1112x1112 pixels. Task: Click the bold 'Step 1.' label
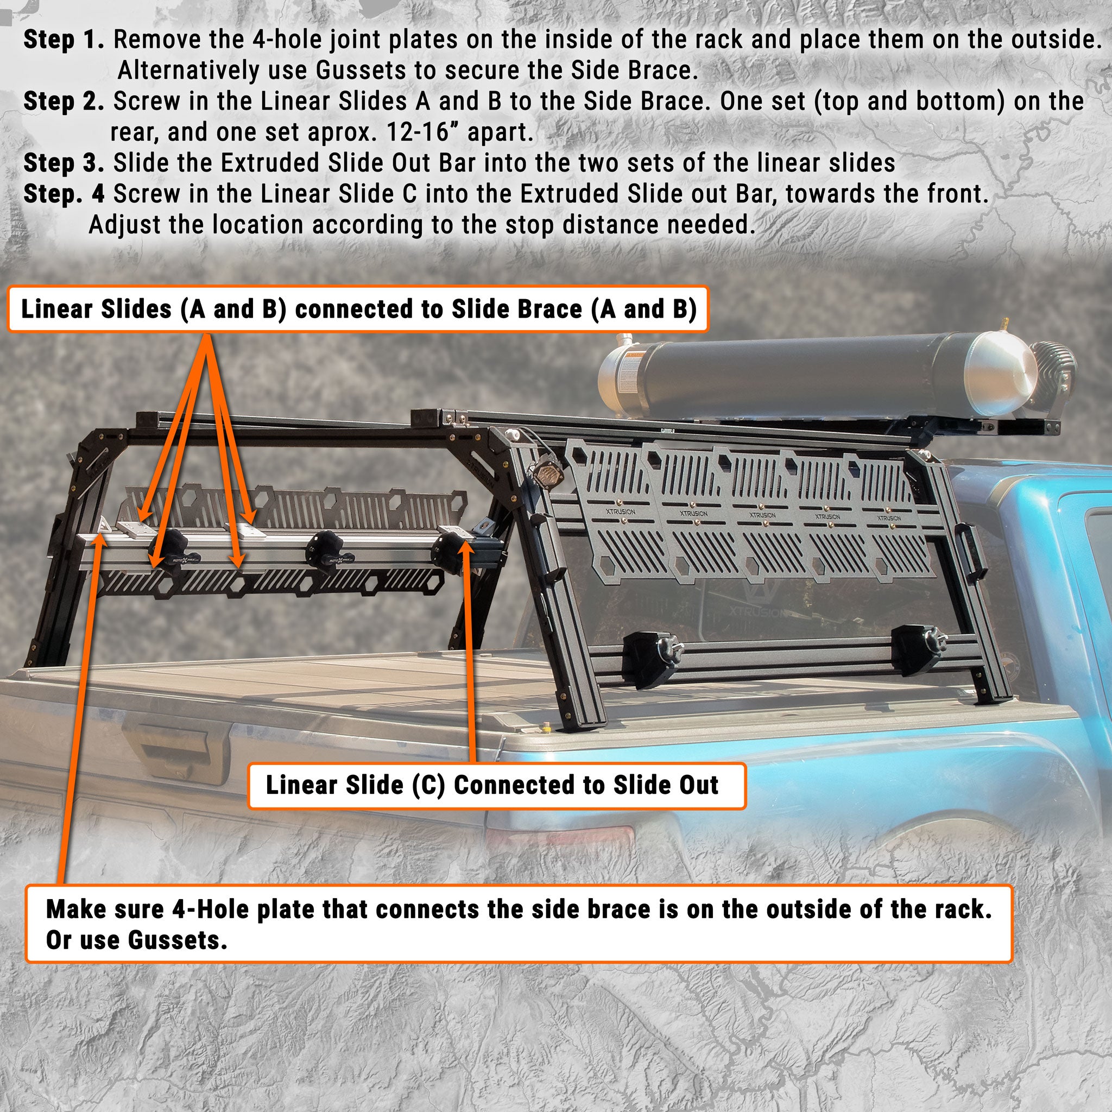(x=64, y=40)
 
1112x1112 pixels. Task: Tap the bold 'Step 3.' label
(x=64, y=163)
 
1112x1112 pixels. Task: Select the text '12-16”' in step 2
(x=418, y=133)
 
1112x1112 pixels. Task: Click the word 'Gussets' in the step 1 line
(x=352, y=71)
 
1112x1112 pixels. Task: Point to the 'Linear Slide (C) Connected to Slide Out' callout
(x=496, y=786)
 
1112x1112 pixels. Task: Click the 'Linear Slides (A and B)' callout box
(x=358, y=309)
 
